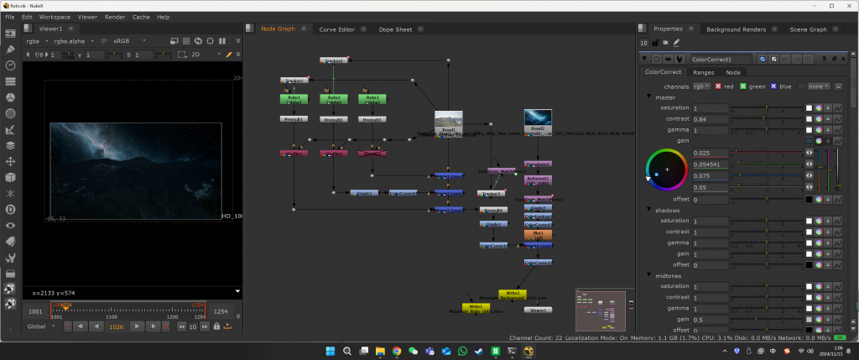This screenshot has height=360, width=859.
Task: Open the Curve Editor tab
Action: pyautogui.click(x=336, y=29)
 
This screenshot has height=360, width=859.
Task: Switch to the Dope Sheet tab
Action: pyautogui.click(x=395, y=29)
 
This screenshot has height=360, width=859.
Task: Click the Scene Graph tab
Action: pyautogui.click(x=808, y=29)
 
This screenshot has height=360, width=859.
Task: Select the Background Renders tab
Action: pyautogui.click(x=736, y=29)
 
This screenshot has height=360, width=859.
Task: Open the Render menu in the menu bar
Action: pyautogui.click(x=115, y=17)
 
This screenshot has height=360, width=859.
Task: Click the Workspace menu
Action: pyautogui.click(x=55, y=17)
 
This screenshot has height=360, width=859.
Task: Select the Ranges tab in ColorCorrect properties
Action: pyautogui.click(x=703, y=72)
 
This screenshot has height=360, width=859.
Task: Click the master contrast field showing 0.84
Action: pyautogui.click(x=710, y=119)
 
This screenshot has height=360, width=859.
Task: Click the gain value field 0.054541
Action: pyautogui.click(x=710, y=164)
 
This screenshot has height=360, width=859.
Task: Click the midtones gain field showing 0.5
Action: pyautogui.click(x=710, y=320)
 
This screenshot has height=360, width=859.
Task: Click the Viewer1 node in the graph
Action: pyautogui.click(x=538, y=310)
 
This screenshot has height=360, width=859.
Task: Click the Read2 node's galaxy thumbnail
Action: pyautogui.click(x=538, y=119)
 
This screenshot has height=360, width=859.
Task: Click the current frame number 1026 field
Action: pyautogui.click(x=117, y=326)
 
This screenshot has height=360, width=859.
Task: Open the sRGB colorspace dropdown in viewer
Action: pyautogui.click(x=100, y=40)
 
